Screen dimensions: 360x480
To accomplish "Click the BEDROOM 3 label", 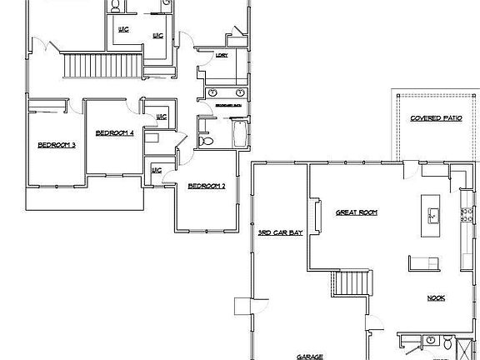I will pos(57,145).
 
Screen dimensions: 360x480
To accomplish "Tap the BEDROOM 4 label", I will pos(115,132).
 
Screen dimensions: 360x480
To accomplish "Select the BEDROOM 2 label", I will pos(206,185).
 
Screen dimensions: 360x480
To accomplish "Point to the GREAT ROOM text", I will pos(356,212).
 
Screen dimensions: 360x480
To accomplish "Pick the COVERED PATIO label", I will pos(436,118).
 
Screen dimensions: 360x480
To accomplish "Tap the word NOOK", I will pos(436,297).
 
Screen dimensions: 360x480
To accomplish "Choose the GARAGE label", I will pos(310,356).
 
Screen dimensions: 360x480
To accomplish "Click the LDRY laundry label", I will pos(222,56).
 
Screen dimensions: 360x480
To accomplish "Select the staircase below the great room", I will pos(349,284).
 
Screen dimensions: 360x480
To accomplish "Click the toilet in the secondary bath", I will pos(207,142).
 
